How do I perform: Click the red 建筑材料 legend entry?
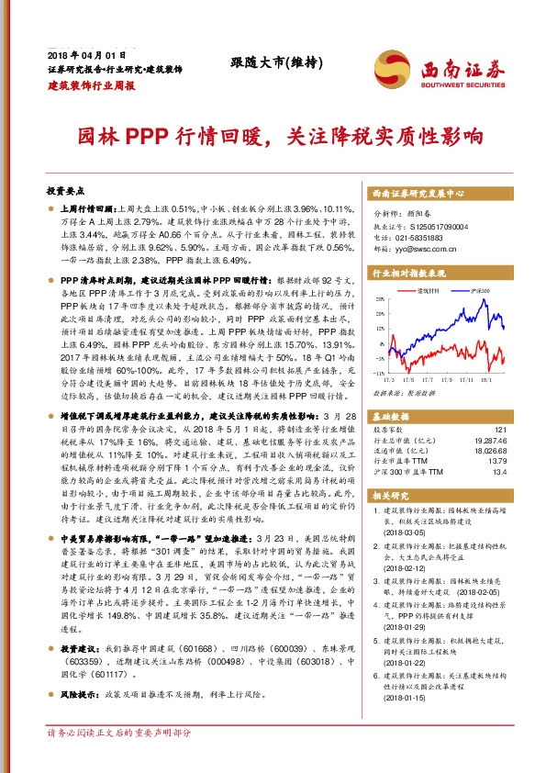pyautogui.click(x=430, y=290)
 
